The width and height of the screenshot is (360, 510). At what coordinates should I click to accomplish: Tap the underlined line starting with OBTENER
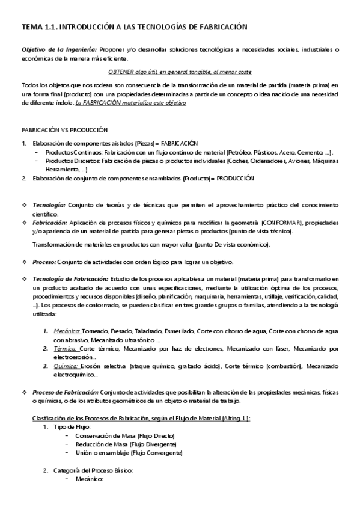click(180, 72)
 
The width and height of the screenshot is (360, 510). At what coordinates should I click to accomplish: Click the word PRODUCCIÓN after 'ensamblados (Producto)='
click(236, 179)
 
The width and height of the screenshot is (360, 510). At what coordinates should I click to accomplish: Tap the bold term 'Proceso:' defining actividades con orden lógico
click(44, 262)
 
